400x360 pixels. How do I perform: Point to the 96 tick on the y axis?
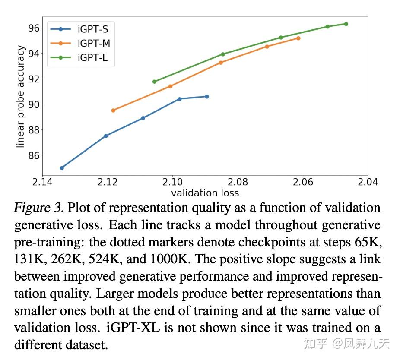(34, 28)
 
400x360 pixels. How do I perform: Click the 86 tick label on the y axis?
(34, 155)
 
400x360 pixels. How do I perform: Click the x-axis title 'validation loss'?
(205, 193)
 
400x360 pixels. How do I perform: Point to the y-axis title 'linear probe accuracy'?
(20, 98)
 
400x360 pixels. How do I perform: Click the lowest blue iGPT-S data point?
(62, 168)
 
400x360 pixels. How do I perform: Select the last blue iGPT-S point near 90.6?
(207, 97)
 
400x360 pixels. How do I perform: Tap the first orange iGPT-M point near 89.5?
(113, 111)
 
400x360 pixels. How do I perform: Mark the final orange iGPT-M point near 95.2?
(298, 38)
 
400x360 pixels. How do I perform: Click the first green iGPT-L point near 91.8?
(155, 82)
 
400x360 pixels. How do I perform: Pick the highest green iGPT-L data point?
(346, 24)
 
